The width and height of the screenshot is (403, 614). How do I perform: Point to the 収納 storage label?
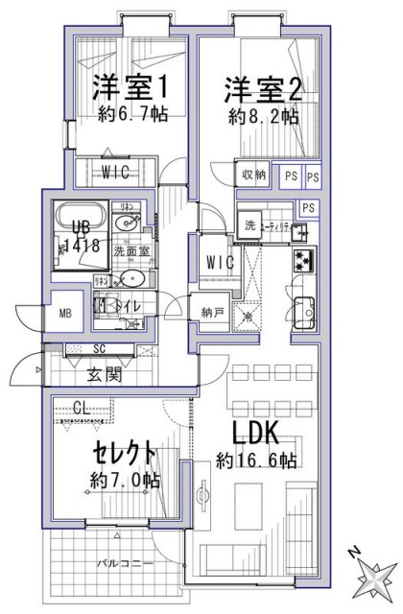253,175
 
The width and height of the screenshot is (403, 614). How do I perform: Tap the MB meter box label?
65,313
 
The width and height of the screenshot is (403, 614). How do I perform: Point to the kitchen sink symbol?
304,312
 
